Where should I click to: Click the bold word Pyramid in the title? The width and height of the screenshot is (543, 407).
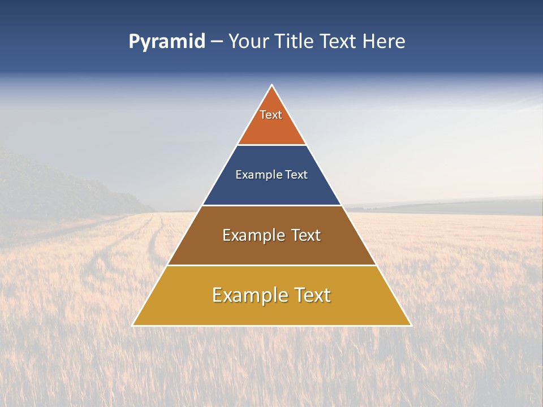(x=167, y=42)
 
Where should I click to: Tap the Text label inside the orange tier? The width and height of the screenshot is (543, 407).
(x=271, y=115)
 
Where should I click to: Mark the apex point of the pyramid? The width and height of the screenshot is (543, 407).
(x=272, y=85)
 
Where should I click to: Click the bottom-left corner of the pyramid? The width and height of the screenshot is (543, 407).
(x=132, y=326)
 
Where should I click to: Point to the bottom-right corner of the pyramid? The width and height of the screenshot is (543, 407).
(x=411, y=326)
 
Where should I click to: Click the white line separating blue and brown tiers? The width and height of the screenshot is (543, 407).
(x=271, y=205)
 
